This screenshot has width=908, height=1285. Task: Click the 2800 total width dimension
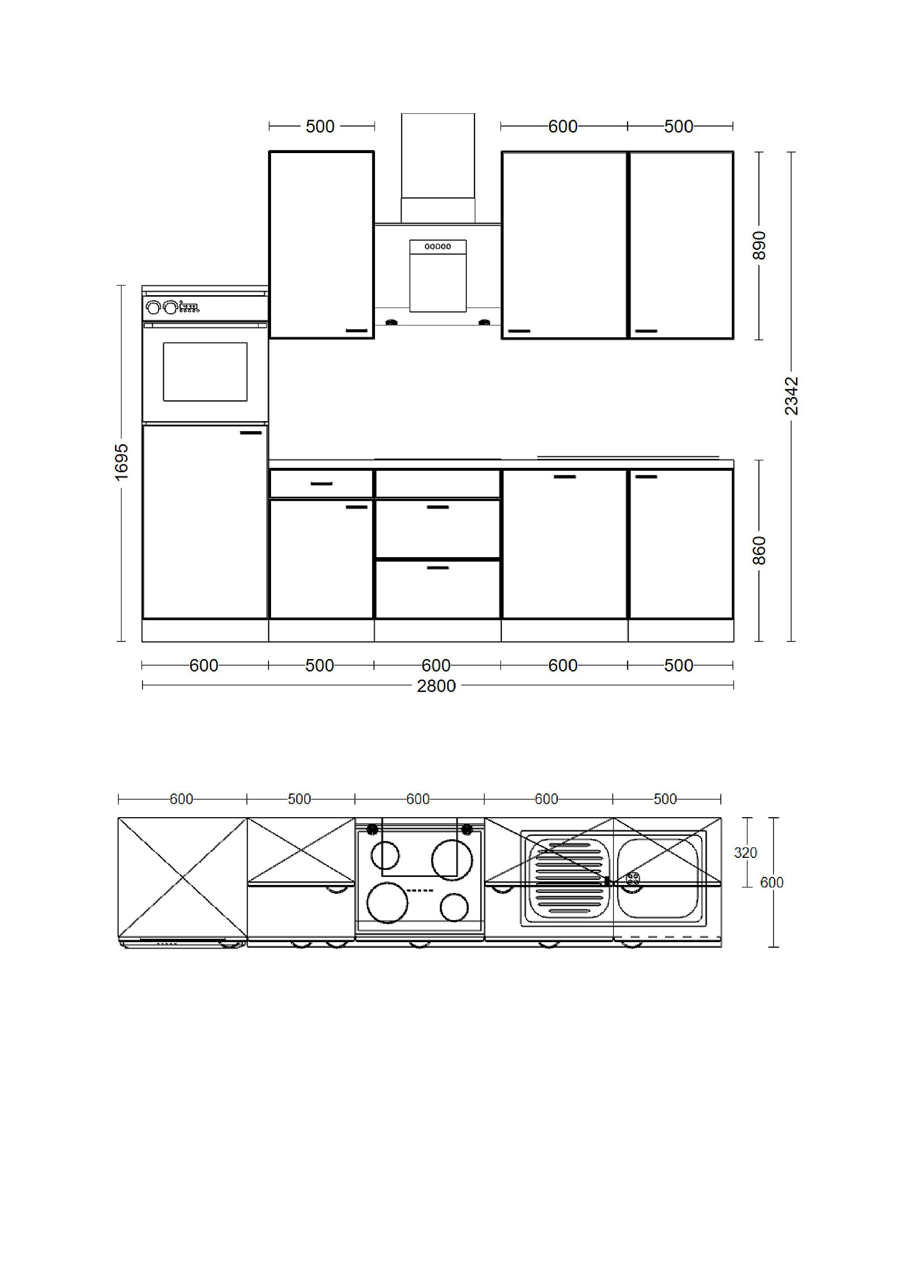point(436,686)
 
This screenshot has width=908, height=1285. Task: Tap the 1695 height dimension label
point(121,462)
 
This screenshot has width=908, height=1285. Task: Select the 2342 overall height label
point(791,396)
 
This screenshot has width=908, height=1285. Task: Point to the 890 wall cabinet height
point(758,245)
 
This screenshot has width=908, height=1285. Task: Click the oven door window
point(205,371)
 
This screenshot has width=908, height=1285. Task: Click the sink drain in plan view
point(632,878)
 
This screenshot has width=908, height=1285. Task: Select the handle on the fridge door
point(251,433)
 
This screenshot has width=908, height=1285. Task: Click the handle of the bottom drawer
point(438,568)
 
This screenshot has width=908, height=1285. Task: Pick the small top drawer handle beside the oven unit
point(321,483)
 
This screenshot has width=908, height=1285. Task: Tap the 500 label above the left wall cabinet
point(320,126)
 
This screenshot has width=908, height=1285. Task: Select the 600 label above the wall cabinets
point(563,126)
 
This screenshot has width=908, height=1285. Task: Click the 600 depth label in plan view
point(771,882)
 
